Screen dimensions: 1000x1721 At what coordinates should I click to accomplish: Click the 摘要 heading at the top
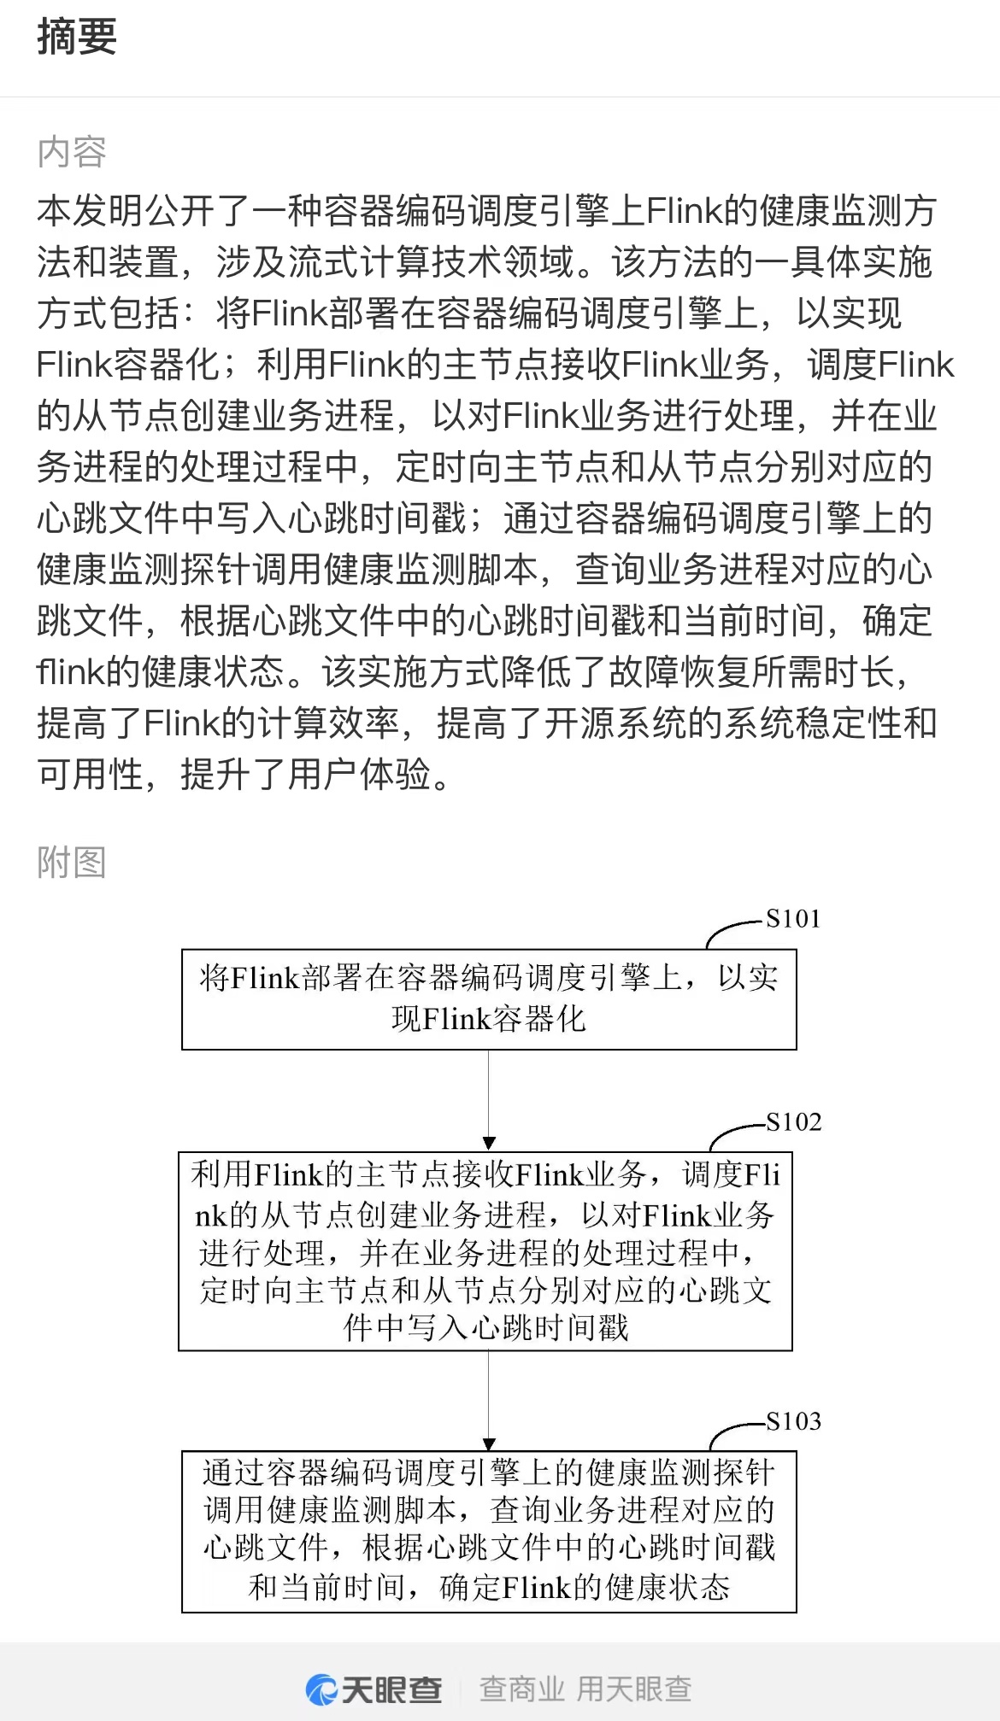77,38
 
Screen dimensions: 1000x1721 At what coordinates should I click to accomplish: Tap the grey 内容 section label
72,153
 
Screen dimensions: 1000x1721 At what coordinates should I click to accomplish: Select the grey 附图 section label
72,863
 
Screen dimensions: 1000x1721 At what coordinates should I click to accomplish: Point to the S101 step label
793,919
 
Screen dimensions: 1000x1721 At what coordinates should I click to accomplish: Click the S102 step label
794,1122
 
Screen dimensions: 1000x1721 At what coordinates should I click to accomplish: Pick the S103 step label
794,1421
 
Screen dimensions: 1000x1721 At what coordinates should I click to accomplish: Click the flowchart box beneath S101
489,999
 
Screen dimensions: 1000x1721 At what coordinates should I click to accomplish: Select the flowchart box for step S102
485,1251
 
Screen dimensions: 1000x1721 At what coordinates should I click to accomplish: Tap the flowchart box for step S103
489,1531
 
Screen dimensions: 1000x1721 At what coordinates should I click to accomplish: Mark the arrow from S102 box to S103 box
489,1401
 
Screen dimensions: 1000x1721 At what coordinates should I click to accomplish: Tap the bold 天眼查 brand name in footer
391,1689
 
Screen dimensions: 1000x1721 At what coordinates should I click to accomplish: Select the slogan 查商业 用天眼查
585,1689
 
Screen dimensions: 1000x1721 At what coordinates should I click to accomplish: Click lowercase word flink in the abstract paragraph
70,672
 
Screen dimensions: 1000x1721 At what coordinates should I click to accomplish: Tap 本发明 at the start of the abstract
90,211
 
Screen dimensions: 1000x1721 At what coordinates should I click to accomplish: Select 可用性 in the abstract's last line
90,775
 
